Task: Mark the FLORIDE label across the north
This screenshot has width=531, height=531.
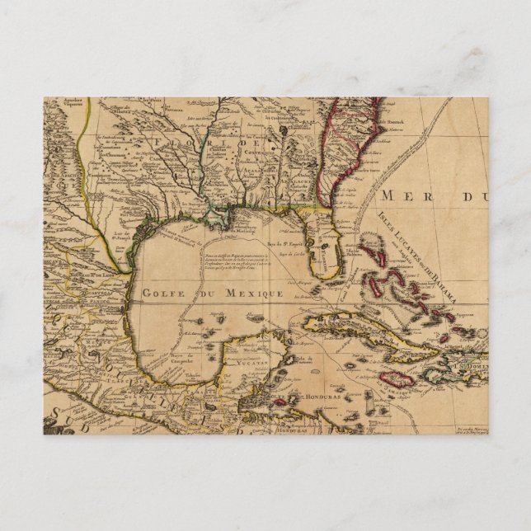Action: tap(239, 146)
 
